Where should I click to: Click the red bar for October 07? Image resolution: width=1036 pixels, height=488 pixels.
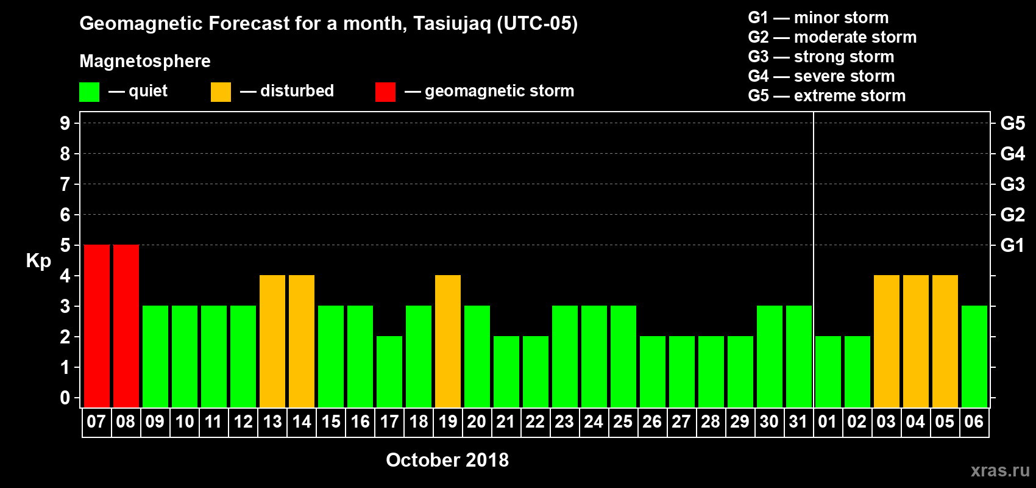tap(97, 326)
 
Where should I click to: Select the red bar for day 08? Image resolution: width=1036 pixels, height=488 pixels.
tap(126, 326)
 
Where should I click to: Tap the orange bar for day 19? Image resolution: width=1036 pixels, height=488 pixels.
tap(448, 341)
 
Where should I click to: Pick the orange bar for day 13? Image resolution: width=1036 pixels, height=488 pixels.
tap(272, 341)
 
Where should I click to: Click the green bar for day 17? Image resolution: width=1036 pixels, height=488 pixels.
tap(389, 371)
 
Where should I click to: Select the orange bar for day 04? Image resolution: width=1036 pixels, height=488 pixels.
tap(916, 341)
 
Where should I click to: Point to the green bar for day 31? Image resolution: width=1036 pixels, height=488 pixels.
tap(799, 356)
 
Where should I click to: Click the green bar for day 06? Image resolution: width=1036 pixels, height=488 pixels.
tap(974, 356)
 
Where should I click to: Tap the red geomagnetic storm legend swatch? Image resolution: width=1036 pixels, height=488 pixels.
tap(386, 91)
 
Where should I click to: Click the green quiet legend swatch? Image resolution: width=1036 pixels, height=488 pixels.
tap(89, 91)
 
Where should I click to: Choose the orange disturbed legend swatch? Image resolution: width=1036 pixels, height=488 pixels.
tap(221, 91)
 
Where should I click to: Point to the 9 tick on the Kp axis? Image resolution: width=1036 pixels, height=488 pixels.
tap(65, 123)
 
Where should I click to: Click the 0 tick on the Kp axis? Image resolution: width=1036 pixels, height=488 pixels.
tap(65, 398)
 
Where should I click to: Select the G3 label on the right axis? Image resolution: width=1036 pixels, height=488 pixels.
tap(1013, 184)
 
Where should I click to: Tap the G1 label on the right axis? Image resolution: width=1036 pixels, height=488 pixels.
tap(1012, 245)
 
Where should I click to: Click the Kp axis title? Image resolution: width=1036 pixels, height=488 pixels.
tap(38, 261)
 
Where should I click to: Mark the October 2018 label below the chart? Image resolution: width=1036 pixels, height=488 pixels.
tap(447, 460)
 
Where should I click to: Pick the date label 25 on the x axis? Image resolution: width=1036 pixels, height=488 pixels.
tap(623, 422)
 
